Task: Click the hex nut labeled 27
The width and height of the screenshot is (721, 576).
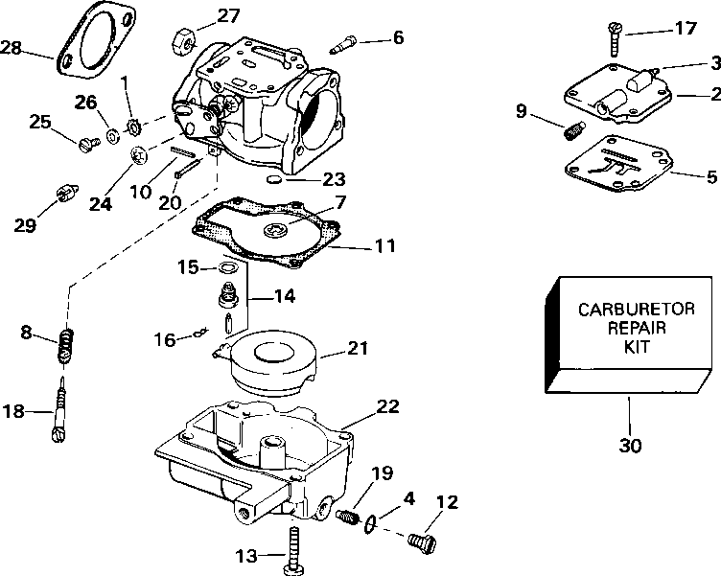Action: (184, 42)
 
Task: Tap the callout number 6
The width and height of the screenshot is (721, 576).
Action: (398, 37)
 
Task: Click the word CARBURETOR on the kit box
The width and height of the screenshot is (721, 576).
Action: (637, 309)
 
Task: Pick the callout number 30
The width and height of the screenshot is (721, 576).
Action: (630, 445)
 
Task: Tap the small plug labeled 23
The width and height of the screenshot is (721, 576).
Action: (273, 179)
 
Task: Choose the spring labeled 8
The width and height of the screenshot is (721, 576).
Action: (65, 346)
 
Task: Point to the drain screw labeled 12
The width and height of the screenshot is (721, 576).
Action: (422, 542)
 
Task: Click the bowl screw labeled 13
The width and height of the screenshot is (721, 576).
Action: (293, 551)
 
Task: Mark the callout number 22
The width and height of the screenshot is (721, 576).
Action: (388, 406)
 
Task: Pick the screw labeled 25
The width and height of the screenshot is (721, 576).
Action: (89, 145)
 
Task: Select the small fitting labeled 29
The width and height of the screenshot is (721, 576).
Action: (67, 193)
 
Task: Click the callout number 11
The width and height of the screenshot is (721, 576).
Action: (386, 245)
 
